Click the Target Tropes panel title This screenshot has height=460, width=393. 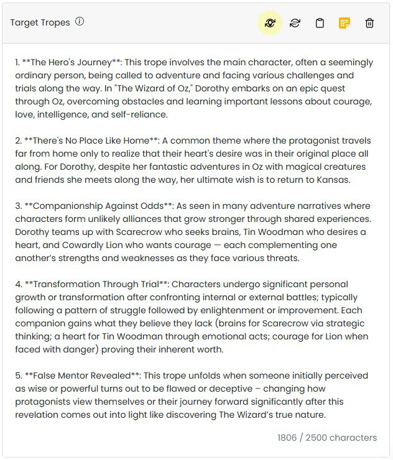[40, 22]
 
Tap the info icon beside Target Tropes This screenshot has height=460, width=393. [80, 22]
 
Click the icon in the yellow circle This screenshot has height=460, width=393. [270, 24]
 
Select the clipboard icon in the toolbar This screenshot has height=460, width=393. [320, 24]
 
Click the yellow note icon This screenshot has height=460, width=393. [344, 24]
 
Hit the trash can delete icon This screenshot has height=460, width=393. [369, 24]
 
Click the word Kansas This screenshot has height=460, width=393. [333, 180]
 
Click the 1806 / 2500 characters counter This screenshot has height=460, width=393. [327, 438]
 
